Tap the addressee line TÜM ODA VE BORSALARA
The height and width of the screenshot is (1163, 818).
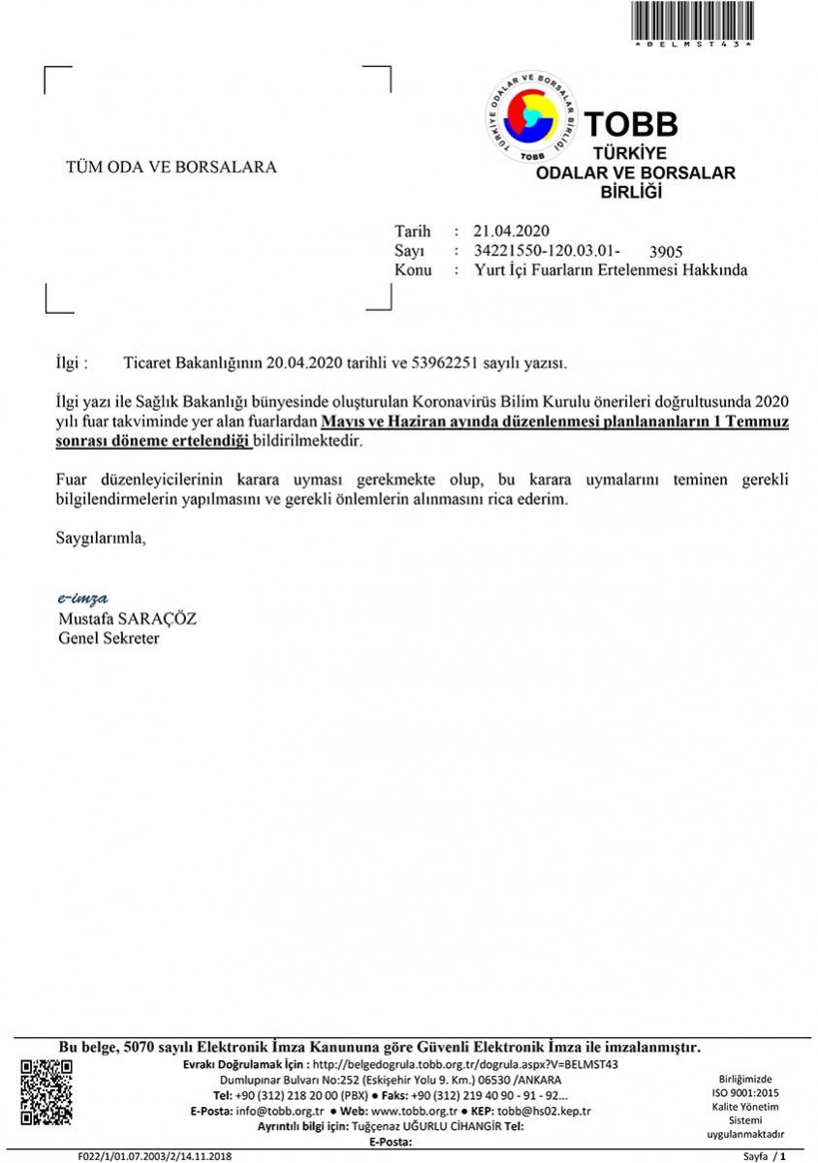pos(171,167)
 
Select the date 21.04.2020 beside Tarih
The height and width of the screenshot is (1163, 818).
pos(511,231)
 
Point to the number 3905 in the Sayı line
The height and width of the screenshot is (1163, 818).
pos(666,253)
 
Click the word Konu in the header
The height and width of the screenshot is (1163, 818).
pos(413,270)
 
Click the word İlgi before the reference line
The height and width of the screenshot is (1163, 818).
pos(71,363)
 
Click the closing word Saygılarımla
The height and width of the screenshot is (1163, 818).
pos(100,536)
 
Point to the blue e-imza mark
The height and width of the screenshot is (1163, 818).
pos(81,598)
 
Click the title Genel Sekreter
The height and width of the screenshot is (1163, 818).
pos(109,639)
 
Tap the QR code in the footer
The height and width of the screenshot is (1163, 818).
pos(47,1092)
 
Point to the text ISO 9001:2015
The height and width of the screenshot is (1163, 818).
pos(745,1092)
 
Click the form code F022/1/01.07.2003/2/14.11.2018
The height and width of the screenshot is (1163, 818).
pos(155,1156)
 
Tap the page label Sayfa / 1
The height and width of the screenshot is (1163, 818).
pos(764,1156)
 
